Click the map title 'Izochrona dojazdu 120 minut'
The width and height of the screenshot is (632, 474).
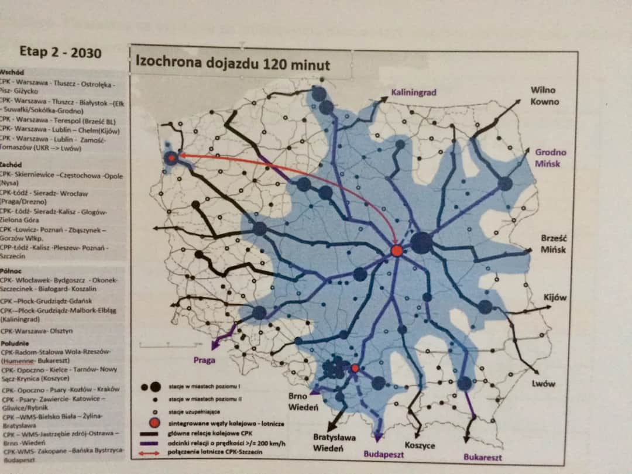point(232,63)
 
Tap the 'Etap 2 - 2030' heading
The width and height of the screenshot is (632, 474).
point(60,52)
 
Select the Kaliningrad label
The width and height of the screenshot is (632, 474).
point(414,92)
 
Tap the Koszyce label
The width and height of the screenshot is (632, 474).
point(420,445)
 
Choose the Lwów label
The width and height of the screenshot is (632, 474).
point(544,384)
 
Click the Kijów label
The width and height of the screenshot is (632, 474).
point(555,297)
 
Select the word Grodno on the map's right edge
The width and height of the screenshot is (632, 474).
point(551,152)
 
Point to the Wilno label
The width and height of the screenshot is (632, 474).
point(543,90)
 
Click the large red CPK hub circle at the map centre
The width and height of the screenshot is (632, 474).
point(397,250)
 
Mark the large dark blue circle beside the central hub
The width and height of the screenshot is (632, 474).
point(421,242)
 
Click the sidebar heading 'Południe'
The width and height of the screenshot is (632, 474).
point(16,343)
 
